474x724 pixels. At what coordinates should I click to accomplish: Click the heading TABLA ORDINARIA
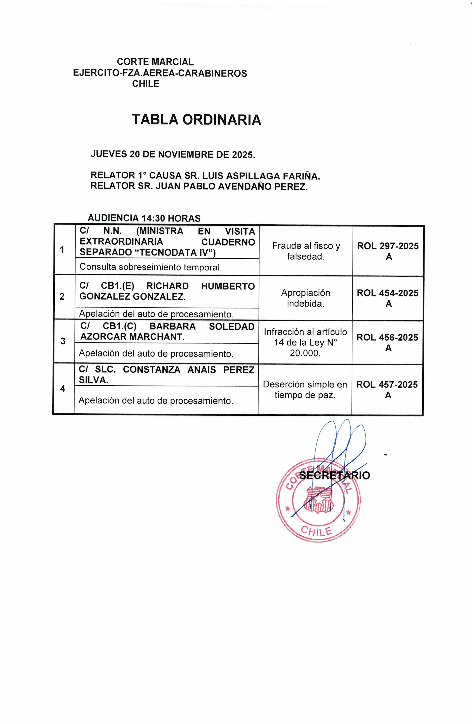(196, 120)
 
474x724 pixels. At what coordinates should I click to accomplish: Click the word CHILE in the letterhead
(146, 84)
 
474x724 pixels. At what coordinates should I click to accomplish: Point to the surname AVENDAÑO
(248, 186)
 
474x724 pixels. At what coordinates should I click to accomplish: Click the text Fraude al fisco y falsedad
(306, 251)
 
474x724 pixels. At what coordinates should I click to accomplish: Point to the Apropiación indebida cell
(306, 298)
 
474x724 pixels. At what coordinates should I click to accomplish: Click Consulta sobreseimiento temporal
(151, 267)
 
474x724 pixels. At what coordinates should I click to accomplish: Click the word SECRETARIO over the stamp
(334, 475)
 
